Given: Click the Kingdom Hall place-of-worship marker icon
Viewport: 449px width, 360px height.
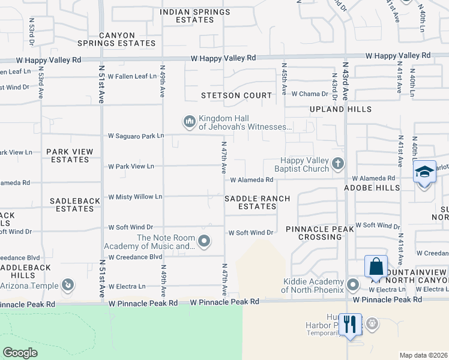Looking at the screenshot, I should pos(189,122).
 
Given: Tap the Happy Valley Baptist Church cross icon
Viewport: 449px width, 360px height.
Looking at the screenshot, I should pos(338,163).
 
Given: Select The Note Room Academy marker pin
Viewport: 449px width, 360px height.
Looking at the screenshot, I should pos(205,242).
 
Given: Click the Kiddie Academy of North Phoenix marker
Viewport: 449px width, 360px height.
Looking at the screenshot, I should pos(353,284).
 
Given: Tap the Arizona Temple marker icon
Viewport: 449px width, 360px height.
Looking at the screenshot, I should pos(68,284).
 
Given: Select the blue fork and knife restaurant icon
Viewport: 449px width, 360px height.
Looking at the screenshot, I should pos(349,325).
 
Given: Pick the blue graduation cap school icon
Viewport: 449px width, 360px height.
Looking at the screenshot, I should pos(424,172).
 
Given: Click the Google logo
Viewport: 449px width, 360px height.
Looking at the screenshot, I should pos(20,353).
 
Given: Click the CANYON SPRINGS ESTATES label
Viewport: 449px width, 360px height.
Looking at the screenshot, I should pos(116,40).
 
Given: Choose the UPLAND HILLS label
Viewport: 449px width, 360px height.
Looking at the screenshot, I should pos(340,109).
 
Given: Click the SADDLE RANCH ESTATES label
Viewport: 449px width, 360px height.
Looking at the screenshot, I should pos(257,202).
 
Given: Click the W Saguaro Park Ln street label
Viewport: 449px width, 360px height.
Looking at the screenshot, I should pos(136,136).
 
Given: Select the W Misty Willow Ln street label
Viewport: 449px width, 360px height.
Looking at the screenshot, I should pos(135,197).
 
